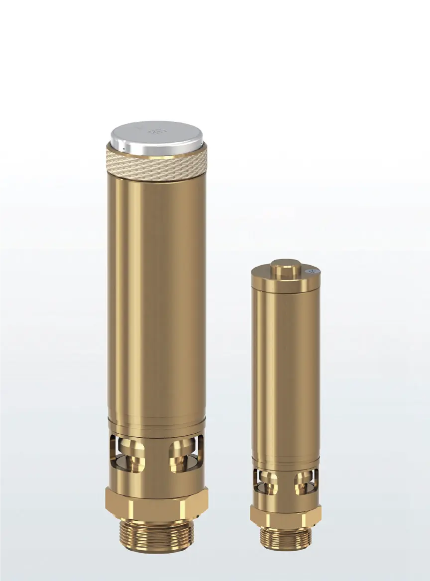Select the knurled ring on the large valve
156,159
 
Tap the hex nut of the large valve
156,502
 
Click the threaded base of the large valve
156,532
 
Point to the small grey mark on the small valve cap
312,271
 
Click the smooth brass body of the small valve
285,378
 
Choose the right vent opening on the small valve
305,483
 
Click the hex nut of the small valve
285,513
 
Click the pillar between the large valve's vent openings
156,455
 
